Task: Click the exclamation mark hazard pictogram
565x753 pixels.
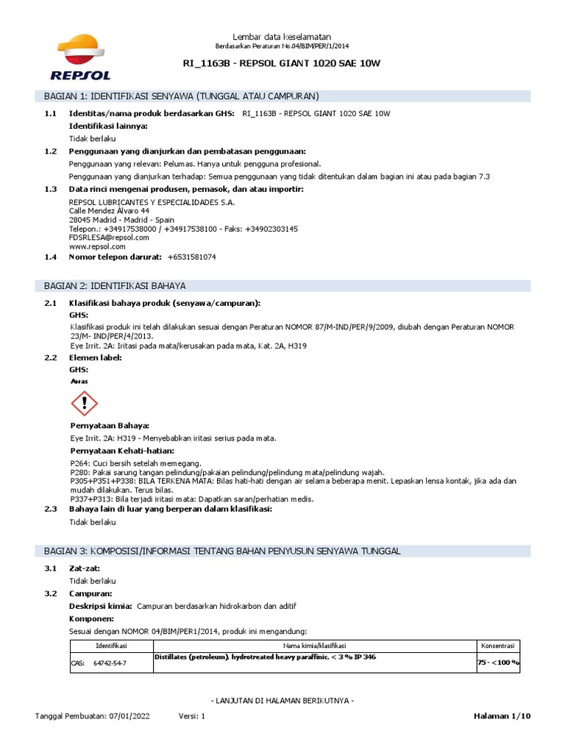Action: [85, 403]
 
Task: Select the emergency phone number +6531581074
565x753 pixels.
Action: [192, 257]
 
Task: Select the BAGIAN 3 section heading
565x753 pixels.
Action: [222, 551]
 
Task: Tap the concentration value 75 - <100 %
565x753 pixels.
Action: [498, 663]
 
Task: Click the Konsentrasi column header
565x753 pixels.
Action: [498, 645]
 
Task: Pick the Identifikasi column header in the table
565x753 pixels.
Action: [111, 645]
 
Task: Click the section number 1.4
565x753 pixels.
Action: [50, 257]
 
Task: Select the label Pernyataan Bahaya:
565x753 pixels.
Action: [110, 426]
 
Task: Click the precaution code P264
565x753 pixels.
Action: [78, 463]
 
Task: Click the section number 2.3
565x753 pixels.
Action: [50, 509]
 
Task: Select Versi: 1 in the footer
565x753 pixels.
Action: [192, 715]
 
